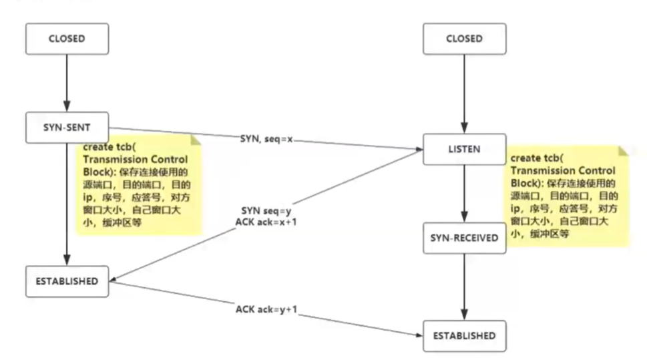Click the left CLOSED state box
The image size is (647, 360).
pyautogui.click(x=67, y=39)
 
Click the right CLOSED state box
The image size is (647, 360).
pyautogui.click(x=465, y=39)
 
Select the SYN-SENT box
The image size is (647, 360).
pyautogui.click(x=67, y=128)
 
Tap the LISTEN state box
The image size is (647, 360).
pyautogui.click(x=465, y=150)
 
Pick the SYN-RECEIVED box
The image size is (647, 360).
pyautogui.click(x=465, y=238)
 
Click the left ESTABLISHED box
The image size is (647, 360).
pyautogui.click(x=67, y=282)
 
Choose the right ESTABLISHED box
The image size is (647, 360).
pyautogui.click(x=465, y=336)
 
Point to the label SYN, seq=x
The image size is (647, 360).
pyautogui.click(x=266, y=139)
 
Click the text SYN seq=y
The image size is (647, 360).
pyautogui.click(x=266, y=211)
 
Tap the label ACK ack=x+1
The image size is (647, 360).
pyautogui.click(x=266, y=222)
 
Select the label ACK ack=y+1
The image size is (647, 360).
pyautogui.click(x=266, y=309)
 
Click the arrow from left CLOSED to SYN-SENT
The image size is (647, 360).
pyautogui.click(x=67, y=83)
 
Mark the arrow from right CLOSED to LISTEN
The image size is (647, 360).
pyautogui.click(x=464, y=94)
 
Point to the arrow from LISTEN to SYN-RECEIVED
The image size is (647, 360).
pyautogui.click(x=464, y=194)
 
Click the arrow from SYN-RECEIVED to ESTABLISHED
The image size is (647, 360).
pyautogui.click(x=464, y=287)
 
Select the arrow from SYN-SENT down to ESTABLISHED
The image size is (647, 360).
pyautogui.click(x=67, y=204)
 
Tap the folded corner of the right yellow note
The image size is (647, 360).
pyautogui.click(x=623, y=151)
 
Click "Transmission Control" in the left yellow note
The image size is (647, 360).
pyautogui.click(x=136, y=160)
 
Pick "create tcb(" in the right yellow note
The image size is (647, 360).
pyautogui.click(x=537, y=158)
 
